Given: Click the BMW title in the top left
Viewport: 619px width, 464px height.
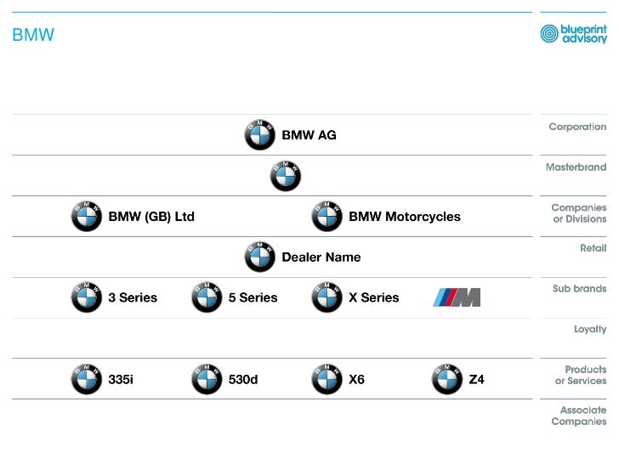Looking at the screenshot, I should [33, 35].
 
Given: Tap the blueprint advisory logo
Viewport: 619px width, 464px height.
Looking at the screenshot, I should [574, 33].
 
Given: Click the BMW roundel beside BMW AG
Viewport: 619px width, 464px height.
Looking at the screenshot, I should [260, 135].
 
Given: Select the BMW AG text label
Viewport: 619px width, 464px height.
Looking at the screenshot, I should [309, 135].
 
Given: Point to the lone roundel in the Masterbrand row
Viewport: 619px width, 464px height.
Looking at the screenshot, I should [286, 176].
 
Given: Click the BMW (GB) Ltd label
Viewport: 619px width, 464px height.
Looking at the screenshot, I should [151, 217].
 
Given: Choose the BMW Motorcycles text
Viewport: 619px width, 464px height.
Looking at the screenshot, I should [404, 217].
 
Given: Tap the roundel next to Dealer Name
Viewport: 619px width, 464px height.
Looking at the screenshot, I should [260, 257].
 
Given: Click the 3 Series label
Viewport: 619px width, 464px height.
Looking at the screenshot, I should [133, 297].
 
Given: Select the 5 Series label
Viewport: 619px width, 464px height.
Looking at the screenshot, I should [253, 297].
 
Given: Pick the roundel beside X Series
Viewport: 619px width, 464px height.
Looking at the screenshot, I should [327, 297].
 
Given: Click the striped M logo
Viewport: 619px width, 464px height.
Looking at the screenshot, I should [457, 297].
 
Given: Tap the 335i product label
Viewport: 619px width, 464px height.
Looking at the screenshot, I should [121, 379].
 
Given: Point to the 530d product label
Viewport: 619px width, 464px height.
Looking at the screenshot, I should [243, 379].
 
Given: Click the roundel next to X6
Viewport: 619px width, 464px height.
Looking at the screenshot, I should [327, 379].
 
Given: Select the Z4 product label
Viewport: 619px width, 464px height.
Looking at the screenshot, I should [476, 379].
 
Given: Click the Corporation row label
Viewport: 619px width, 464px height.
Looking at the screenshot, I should [577, 127].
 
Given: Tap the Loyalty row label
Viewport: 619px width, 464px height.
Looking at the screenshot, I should [590, 329].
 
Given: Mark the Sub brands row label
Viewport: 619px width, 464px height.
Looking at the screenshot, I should [579, 289].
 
